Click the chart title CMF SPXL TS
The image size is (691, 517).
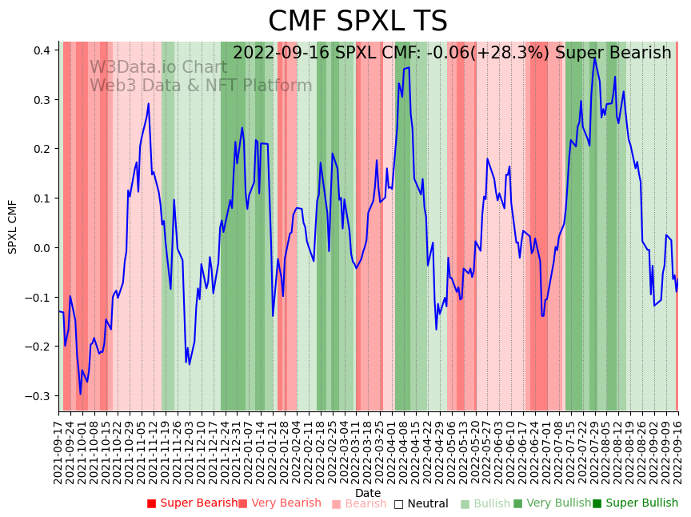(x=357, y=22)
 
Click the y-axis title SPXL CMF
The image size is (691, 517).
(x=13, y=226)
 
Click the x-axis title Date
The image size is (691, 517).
(x=368, y=493)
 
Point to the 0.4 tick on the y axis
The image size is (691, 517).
(x=42, y=50)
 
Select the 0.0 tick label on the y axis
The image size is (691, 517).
(x=42, y=248)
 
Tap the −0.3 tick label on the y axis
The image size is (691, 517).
(x=38, y=396)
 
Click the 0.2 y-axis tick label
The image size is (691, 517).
(x=42, y=149)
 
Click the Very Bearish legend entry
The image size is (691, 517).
(x=286, y=503)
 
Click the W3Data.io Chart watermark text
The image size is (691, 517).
(x=158, y=67)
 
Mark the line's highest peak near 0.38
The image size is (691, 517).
(x=594, y=58)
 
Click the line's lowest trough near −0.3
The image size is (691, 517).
(x=80, y=394)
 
